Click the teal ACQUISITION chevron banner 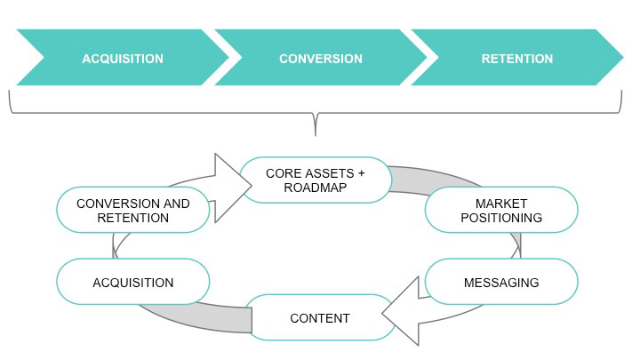click(123, 58)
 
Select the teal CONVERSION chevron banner click(320, 58)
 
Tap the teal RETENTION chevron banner click(517, 58)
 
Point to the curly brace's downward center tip click(315, 135)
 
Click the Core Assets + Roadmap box click(316, 180)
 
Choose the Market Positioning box click(501, 210)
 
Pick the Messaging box click(501, 282)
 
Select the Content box click(320, 317)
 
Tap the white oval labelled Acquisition click(133, 282)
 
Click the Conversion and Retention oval click(133, 210)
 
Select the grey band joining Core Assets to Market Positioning click(433, 179)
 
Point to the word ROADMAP click(315, 188)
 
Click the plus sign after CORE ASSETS click(361, 173)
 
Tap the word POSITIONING click(501, 218)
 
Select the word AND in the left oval click(176, 204)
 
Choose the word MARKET click(501, 204)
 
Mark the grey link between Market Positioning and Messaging click(516, 245)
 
